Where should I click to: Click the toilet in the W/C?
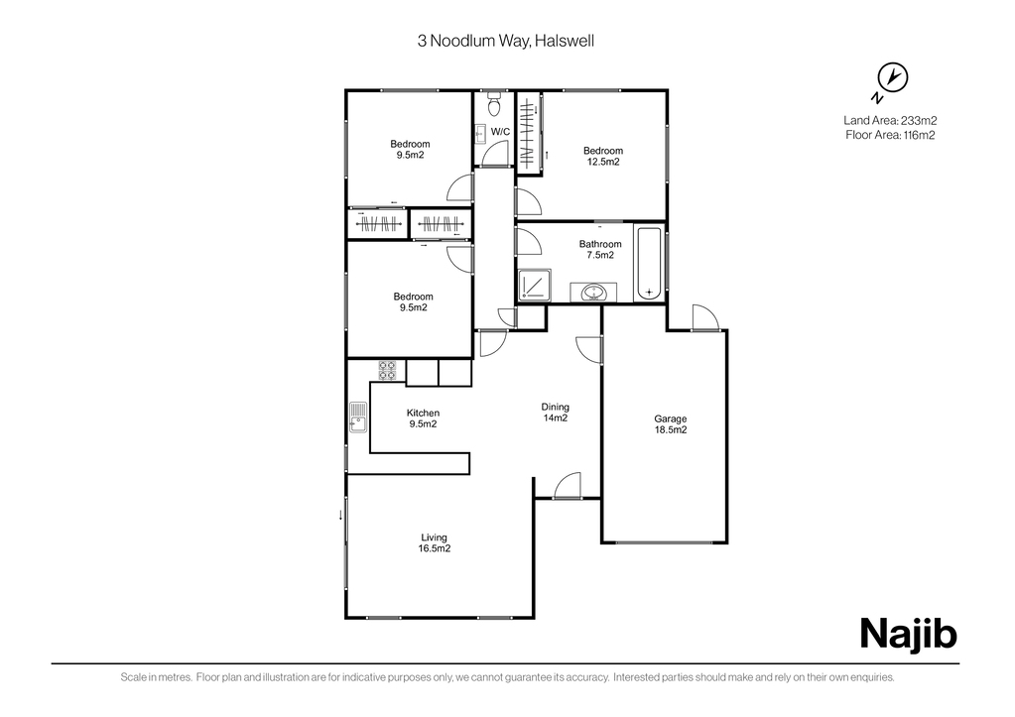click(x=494, y=102)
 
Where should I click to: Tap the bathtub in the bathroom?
click(x=649, y=263)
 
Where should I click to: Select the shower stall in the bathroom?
click(x=535, y=285)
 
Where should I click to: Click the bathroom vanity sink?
click(x=593, y=293)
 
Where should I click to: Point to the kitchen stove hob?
click(x=388, y=370)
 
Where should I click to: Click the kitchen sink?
click(x=357, y=418)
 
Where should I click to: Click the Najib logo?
click(x=908, y=634)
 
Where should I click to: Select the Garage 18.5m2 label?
click(x=670, y=423)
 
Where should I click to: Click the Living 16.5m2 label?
click(x=434, y=542)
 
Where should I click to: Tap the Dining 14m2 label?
click(x=555, y=413)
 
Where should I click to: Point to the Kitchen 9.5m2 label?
click(x=423, y=418)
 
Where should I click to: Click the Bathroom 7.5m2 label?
click(x=600, y=249)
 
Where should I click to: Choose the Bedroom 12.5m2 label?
click(x=603, y=156)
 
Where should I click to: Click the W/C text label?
click(x=500, y=132)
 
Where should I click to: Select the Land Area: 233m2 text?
click(x=890, y=120)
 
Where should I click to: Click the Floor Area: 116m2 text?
click(x=890, y=135)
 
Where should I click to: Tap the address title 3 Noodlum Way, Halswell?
click(x=506, y=41)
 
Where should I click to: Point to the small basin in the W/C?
click(x=479, y=134)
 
